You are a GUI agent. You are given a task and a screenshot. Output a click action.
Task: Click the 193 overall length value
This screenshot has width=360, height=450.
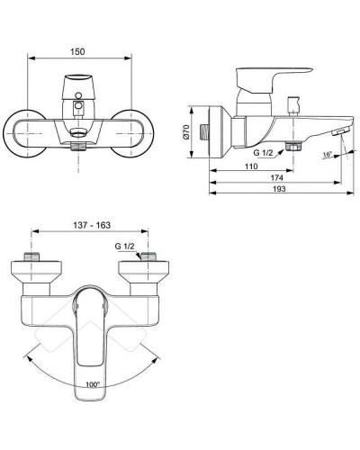(285, 192)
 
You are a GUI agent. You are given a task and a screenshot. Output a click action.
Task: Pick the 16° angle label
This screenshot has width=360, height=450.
(326, 154)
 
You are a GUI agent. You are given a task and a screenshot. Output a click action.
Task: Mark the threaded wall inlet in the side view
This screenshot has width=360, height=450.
(209, 133)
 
